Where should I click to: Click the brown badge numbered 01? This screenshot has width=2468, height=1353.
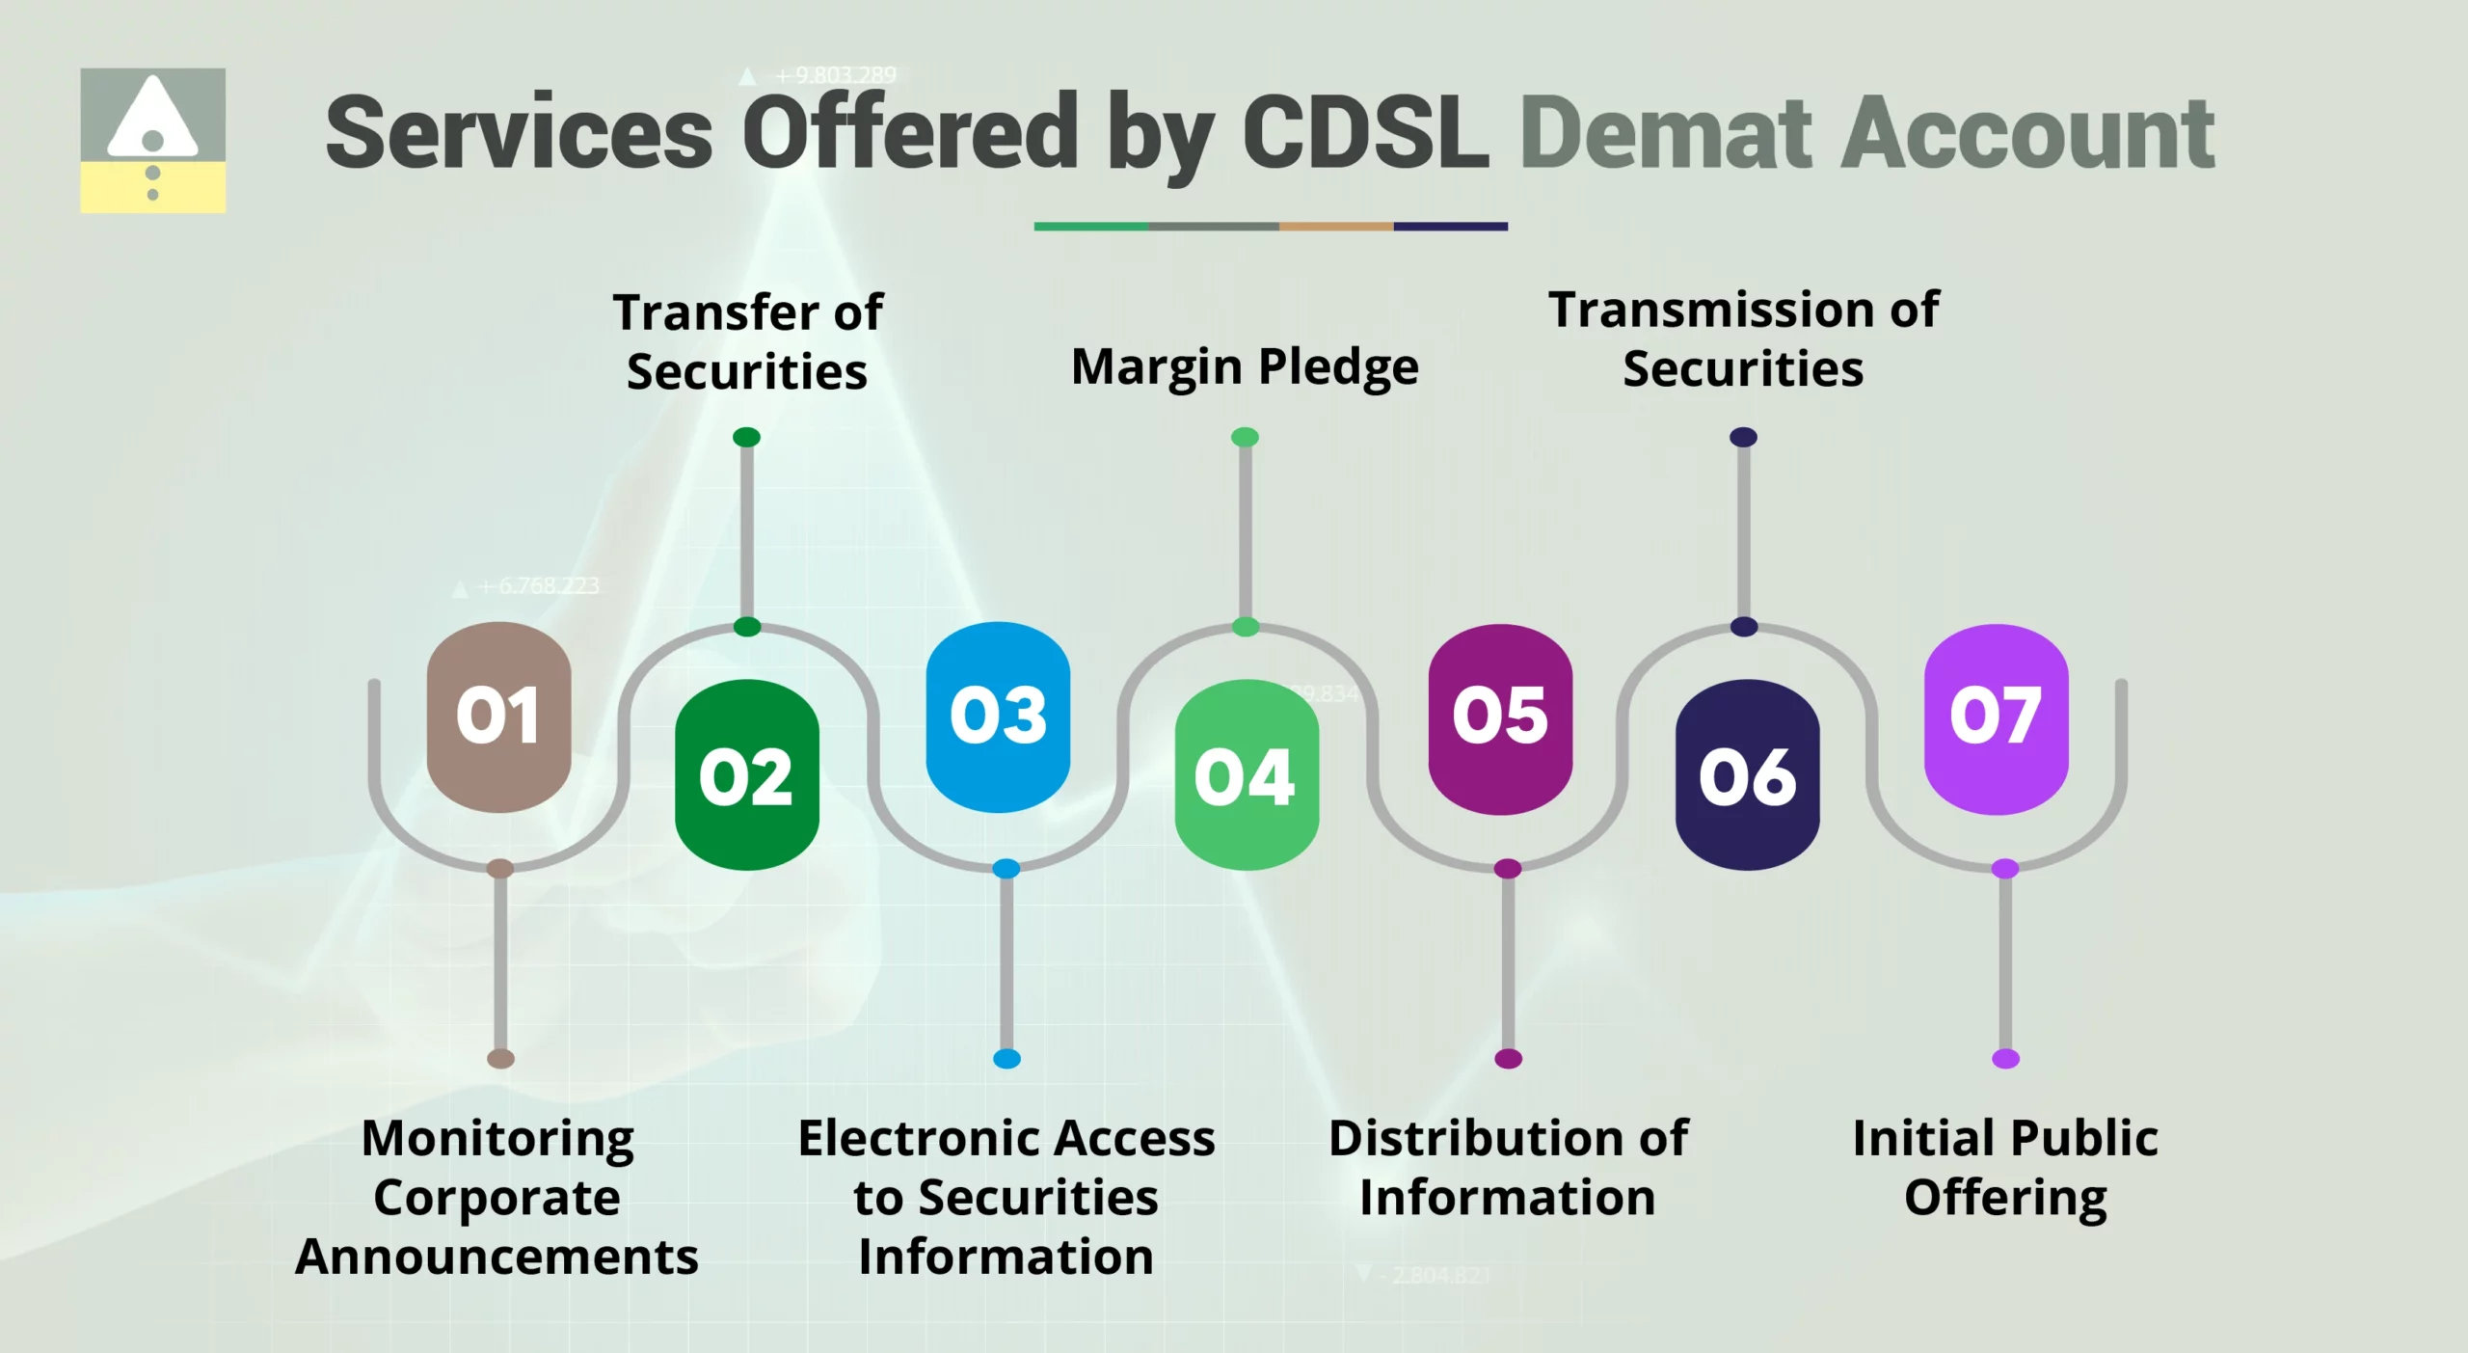(498, 717)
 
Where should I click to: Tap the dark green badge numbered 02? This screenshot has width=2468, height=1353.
(747, 774)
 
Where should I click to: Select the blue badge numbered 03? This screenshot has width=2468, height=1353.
(998, 717)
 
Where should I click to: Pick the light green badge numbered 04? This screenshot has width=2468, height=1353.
(1246, 774)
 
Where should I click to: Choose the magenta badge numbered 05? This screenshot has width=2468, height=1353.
(1500, 718)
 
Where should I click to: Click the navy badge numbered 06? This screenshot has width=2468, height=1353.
(1747, 774)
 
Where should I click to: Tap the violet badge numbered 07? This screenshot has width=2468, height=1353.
(1996, 718)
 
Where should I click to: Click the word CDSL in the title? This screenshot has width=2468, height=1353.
(1365, 133)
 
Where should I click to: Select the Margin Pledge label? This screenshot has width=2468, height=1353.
(1245, 367)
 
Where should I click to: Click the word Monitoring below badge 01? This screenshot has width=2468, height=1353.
(497, 1139)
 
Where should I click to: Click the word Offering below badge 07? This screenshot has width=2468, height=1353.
(2005, 1199)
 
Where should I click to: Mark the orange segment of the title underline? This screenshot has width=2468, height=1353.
(1335, 227)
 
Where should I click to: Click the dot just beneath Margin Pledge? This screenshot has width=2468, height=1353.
(1245, 437)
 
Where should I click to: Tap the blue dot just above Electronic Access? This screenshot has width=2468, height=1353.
(1006, 1058)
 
